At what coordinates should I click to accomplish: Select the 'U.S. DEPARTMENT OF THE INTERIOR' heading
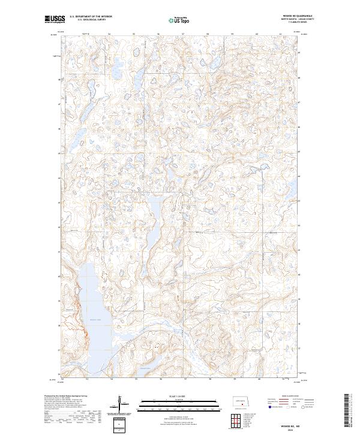[91, 17]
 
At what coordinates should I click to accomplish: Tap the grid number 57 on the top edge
[183, 34]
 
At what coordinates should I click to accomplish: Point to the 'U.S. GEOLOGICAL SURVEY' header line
[91, 20]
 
